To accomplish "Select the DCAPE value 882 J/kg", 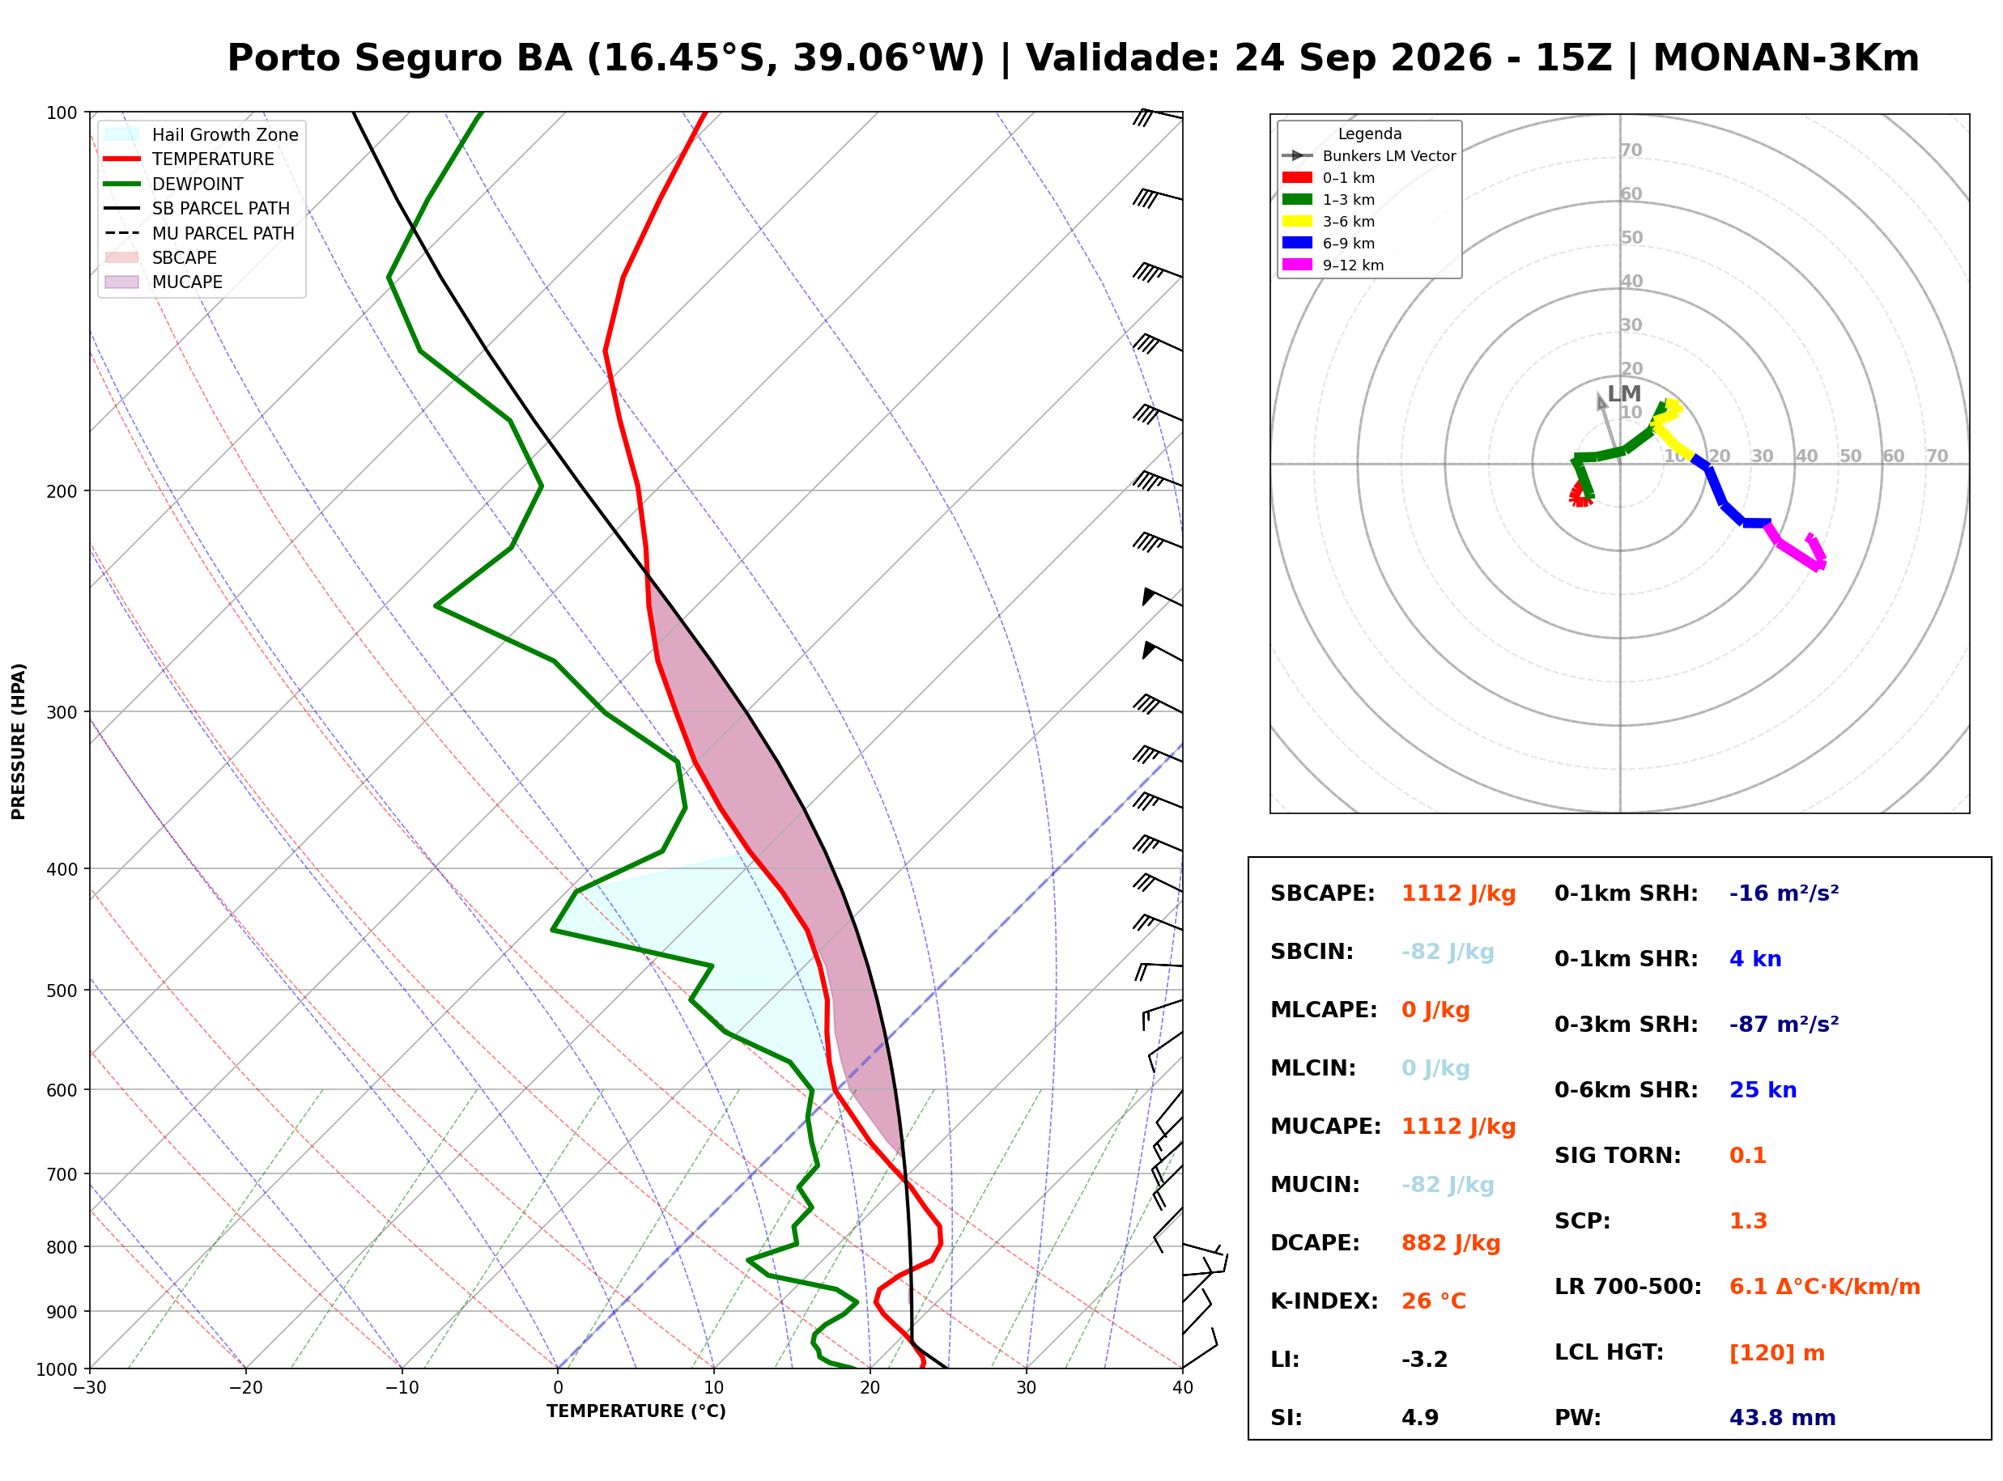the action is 1451,1243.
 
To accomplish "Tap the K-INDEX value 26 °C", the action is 1434,1301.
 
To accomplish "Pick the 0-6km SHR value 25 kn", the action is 1763,1090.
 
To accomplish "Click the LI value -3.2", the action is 1425,1360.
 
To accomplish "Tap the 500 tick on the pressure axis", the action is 61,991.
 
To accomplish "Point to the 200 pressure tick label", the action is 61,491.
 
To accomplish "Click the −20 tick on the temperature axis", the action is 245,1389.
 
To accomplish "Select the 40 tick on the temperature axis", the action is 1182,1389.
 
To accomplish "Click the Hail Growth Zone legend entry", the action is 202,134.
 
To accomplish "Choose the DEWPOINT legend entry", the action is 174,184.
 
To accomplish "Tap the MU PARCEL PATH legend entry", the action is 199,233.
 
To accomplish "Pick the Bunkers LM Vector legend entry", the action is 1368,156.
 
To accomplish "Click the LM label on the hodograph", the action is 1624,393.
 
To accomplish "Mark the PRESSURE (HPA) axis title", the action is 19,741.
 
